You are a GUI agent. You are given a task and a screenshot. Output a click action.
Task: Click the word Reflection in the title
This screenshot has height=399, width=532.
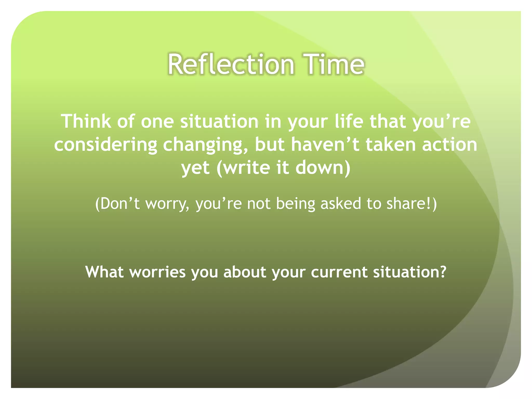click(x=231, y=64)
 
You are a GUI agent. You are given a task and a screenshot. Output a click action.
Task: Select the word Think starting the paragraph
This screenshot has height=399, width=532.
click(x=86, y=121)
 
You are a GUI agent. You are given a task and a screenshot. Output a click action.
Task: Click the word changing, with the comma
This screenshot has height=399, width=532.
click(x=205, y=145)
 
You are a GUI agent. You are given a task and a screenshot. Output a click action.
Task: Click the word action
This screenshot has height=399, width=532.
click(x=449, y=145)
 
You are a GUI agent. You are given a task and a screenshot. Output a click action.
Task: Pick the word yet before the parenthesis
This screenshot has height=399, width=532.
click(x=195, y=168)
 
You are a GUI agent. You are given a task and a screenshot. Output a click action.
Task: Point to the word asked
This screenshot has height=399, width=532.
click(x=341, y=203)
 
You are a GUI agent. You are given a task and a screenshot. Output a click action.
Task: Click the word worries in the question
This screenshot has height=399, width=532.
click(x=157, y=272)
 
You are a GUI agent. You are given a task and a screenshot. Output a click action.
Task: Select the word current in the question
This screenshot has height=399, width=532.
click(x=339, y=272)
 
